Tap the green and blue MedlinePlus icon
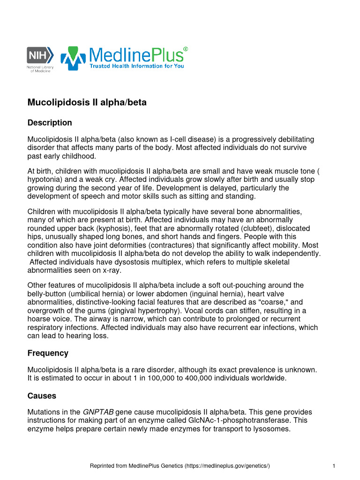pyautogui.click(x=73, y=58)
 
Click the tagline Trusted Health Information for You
pyautogui.click(x=137, y=66)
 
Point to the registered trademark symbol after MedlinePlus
pyautogui.click(x=186, y=49)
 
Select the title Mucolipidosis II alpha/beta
pyautogui.click(x=87, y=102)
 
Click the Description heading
pyautogui.click(x=50, y=123)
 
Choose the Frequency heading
pyautogui.click(x=48, y=353)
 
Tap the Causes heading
pyautogui.click(x=42, y=396)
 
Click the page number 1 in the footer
pyautogui.click(x=333, y=465)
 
